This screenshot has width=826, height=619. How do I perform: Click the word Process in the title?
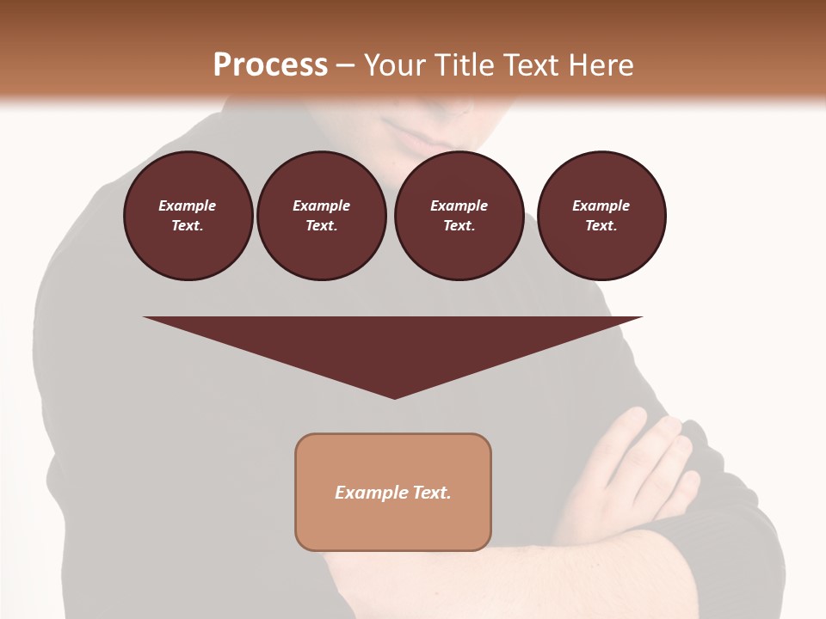pyautogui.click(x=270, y=65)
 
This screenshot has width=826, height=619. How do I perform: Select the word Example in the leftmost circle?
pyautogui.click(x=188, y=205)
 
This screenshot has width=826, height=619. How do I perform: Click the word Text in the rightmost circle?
pyautogui.click(x=601, y=225)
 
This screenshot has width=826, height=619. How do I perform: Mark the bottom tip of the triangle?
pyautogui.click(x=394, y=396)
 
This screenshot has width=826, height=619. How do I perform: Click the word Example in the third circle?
pyautogui.click(x=459, y=205)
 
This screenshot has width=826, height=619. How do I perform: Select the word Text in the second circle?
pyautogui.click(x=320, y=225)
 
